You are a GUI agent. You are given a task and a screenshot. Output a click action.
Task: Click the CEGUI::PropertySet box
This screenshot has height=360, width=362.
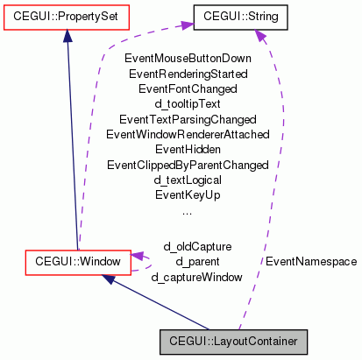pyautogui.click(x=66, y=16)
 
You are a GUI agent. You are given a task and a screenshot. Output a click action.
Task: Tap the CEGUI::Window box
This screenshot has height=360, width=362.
pyautogui.click(x=78, y=260)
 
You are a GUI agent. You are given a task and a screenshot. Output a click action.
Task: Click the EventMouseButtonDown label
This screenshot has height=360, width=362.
pyautogui.click(x=187, y=59)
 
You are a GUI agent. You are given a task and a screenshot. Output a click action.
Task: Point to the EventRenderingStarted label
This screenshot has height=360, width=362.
pyautogui.click(x=187, y=74)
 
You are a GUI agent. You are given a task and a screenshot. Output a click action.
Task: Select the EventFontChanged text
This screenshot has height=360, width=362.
pyautogui.click(x=187, y=88)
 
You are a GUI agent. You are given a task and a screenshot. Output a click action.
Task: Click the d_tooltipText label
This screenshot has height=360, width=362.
pyautogui.click(x=187, y=103)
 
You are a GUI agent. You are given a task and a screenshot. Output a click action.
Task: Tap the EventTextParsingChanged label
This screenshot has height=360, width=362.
pyautogui.click(x=187, y=119)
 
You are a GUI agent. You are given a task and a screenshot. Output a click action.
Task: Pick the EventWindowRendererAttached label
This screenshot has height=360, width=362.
pyautogui.click(x=187, y=134)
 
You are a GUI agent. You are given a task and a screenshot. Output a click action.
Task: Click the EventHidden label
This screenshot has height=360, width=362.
pyautogui.click(x=187, y=149)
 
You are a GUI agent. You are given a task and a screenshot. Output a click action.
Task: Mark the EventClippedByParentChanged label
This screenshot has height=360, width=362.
pyautogui.click(x=187, y=165)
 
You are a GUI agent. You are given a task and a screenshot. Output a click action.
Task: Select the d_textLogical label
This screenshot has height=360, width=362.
pyautogui.click(x=187, y=180)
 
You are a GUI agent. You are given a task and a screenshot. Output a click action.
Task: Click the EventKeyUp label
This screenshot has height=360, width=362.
pyautogui.click(x=187, y=194)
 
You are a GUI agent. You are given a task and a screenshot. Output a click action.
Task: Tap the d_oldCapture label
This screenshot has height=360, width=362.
pyautogui.click(x=196, y=246)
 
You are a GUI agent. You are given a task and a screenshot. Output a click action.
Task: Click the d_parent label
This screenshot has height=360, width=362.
pyautogui.click(x=196, y=261)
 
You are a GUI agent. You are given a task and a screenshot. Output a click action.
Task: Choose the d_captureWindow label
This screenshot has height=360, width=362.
pyautogui.click(x=196, y=277)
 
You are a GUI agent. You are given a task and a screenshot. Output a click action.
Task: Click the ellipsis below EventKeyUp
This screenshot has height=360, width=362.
pyautogui.click(x=187, y=210)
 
